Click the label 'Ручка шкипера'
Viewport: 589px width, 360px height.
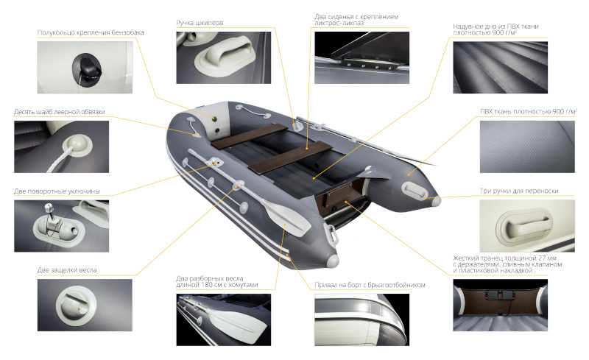[200, 23]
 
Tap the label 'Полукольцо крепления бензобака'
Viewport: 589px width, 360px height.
[91, 32]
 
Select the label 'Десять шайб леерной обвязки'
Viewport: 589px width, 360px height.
[60, 112]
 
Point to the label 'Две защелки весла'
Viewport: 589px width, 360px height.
[67, 269]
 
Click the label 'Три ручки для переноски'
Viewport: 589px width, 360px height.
[519, 191]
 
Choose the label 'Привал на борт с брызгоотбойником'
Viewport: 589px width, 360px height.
[370, 285]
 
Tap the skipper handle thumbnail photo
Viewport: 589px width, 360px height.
[224, 57]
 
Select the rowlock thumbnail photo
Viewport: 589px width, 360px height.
[62, 226]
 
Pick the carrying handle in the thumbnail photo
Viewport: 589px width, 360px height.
[524, 226]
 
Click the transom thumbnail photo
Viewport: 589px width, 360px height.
[501, 305]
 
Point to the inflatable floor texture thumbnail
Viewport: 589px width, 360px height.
[501, 67]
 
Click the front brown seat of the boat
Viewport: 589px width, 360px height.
[250, 136]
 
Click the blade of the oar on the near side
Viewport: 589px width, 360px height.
[286, 219]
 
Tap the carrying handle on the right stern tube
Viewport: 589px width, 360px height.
[414, 191]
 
